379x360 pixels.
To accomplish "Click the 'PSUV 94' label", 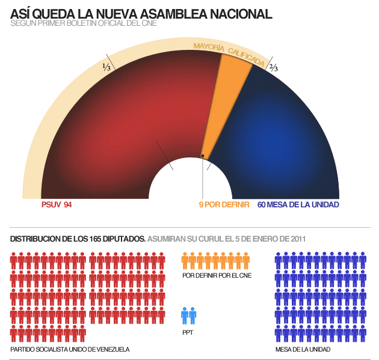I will pos(57,205).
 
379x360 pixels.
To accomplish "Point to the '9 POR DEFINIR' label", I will pos(224,205).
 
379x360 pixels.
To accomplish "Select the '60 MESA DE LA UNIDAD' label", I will pos(298,205).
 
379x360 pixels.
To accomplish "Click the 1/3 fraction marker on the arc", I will pos(106,67).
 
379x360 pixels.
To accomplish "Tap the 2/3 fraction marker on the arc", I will pos(274,67).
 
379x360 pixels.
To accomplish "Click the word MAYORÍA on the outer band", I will pos(209,46).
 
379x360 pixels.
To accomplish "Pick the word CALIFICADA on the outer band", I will pos(245,55).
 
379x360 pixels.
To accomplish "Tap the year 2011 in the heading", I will pos(297,239).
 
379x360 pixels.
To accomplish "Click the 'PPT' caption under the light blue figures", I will pos(187,332).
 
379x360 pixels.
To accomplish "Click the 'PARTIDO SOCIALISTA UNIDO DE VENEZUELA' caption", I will pos(70,349).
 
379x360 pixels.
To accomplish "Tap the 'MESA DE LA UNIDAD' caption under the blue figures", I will pos(303,349).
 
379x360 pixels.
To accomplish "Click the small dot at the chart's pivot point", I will pos(203,156).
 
